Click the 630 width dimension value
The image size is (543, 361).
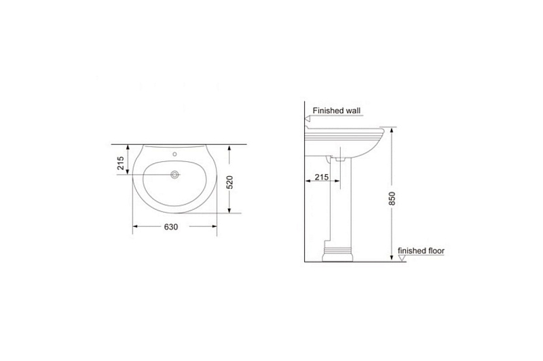pyautogui.click(x=171, y=227)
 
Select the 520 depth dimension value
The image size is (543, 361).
pyautogui.click(x=229, y=182)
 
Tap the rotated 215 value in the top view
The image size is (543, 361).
pyautogui.click(x=121, y=163)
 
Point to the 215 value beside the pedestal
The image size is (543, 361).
pyautogui.click(x=321, y=177)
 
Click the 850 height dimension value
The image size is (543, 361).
pyautogui.click(x=392, y=198)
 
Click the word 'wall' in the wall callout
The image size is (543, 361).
pyautogui.click(x=353, y=110)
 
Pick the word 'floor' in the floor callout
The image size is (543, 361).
pyautogui.click(x=434, y=251)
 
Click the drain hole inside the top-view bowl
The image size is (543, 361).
pyautogui.click(x=175, y=175)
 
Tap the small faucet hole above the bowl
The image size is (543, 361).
pyautogui.click(x=174, y=154)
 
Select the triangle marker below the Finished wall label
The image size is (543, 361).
pyautogui.click(x=307, y=119)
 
